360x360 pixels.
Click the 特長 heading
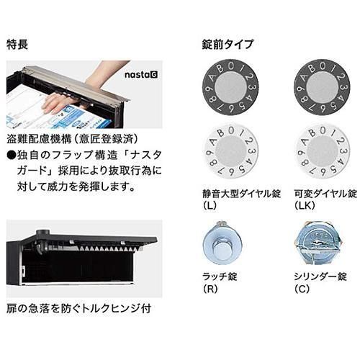click(x=17, y=45)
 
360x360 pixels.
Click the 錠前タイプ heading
click(x=228, y=45)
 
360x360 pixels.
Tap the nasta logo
click(x=141, y=75)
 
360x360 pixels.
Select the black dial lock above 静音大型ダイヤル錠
click(x=230, y=87)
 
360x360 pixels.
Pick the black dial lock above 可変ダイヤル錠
click(x=323, y=87)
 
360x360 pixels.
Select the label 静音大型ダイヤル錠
click(x=241, y=194)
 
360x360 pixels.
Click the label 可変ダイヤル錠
click(x=325, y=194)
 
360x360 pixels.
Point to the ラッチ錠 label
click(x=220, y=276)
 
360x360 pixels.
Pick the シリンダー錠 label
click(x=320, y=276)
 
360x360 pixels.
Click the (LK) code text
click(x=305, y=205)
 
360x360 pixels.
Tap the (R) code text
click(x=210, y=289)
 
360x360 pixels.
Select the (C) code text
click(x=302, y=289)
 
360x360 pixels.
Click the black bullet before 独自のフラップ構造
click(x=12, y=156)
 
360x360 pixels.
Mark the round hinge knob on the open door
click(x=43, y=233)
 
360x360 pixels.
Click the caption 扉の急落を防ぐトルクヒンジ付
click(x=78, y=309)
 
